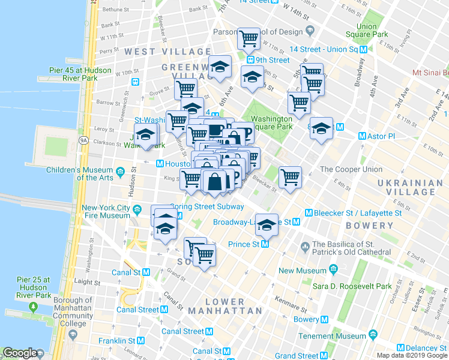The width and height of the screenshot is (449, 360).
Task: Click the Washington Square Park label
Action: tap(271, 122)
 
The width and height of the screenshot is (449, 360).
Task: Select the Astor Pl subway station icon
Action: tap(361, 136)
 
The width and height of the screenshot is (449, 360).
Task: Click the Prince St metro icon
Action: tap(265, 244)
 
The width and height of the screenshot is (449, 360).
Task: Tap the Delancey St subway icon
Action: tap(401, 348)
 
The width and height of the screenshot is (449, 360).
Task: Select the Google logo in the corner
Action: tap(20, 353)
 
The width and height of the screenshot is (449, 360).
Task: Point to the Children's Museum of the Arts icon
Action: tap(121, 173)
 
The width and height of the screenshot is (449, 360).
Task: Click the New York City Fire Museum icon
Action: tap(138, 209)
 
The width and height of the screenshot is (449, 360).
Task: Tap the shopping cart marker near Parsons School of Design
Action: tap(249, 39)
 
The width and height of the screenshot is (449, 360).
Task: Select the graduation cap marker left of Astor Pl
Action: tap(321, 128)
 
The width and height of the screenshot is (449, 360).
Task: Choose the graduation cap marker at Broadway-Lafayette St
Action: tap(267, 224)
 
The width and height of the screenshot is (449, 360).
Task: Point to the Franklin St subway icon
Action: tap(140, 340)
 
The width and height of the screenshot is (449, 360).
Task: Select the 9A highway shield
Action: tap(83, 140)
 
